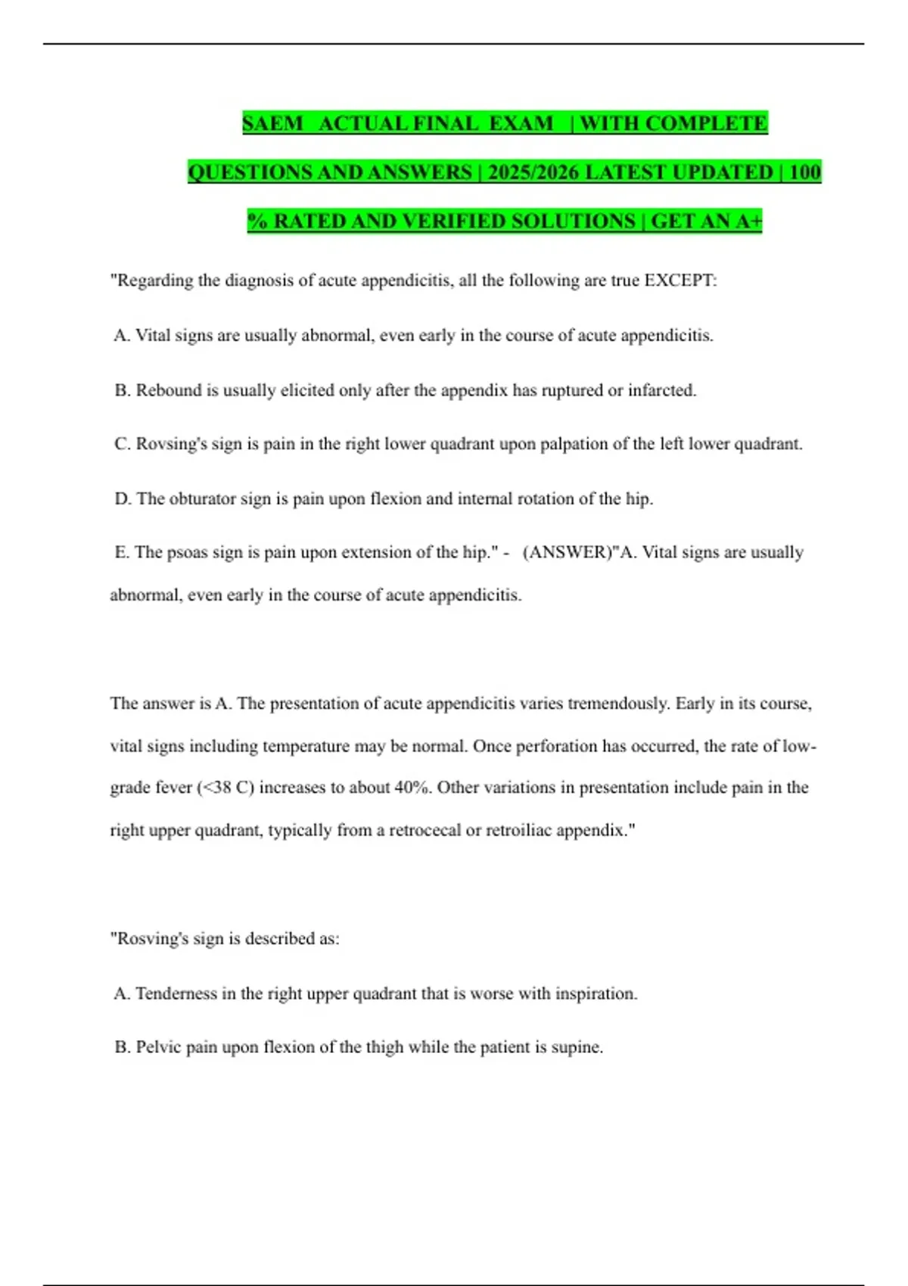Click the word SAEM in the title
tap(272, 123)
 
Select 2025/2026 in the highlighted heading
tap(534, 172)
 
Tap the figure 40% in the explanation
tap(412, 787)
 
